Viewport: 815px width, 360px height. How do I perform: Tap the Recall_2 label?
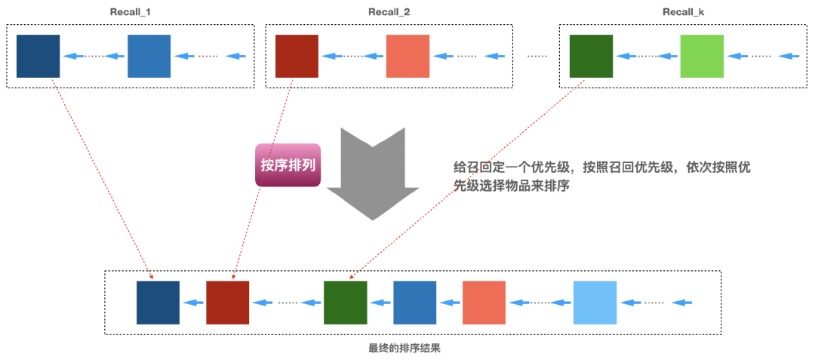(x=389, y=13)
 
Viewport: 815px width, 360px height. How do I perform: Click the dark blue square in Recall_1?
(x=38, y=56)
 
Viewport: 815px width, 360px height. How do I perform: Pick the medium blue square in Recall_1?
(x=149, y=56)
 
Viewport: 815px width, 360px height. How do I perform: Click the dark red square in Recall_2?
(x=297, y=56)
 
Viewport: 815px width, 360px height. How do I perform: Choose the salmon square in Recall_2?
(x=407, y=56)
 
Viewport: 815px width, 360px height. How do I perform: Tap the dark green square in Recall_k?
(x=591, y=56)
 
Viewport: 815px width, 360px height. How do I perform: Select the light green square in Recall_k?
(x=702, y=56)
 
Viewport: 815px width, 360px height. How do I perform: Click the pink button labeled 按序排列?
(x=288, y=165)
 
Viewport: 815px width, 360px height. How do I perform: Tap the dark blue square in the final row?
(x=158, y=303)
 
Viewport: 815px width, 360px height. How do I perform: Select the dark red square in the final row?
(x=228, y=303)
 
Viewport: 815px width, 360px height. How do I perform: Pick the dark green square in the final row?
(x=346, y=303)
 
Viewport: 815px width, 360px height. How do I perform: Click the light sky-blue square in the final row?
(x=595, y=303)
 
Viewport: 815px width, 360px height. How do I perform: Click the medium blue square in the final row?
(x=415, y=303)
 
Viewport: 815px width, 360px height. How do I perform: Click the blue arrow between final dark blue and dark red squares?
(x=194, y=303)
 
